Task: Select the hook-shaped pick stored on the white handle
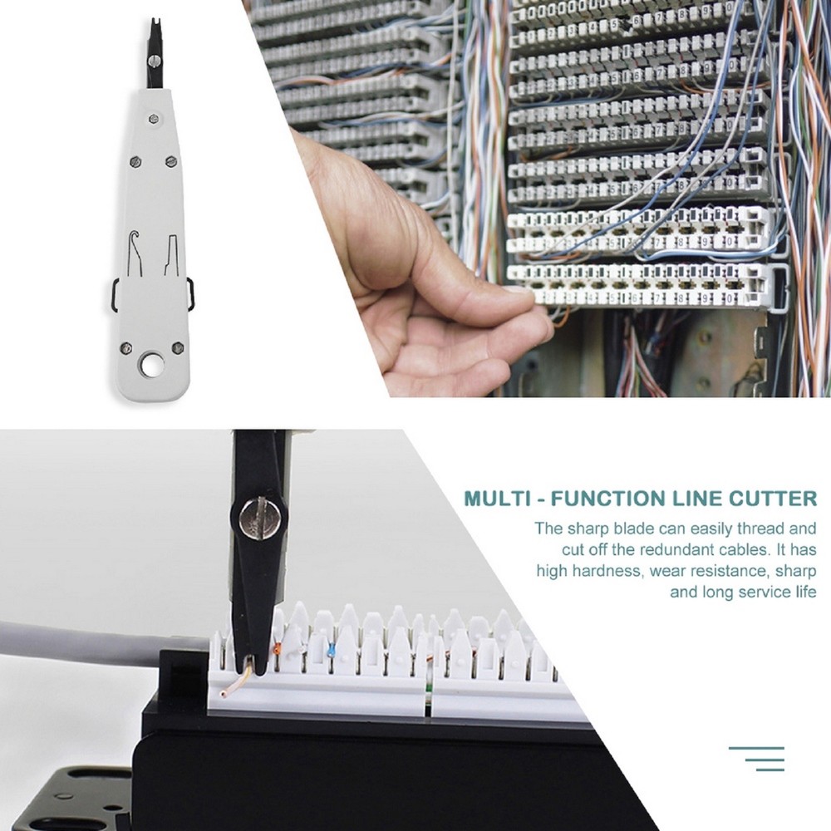click(131, 247)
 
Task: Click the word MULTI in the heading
click(495, 499)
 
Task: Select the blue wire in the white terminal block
click(332, 651)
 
